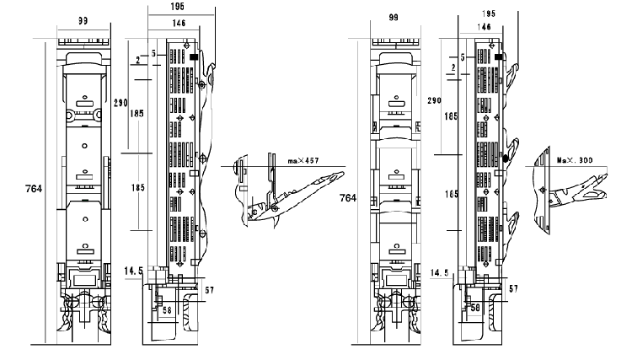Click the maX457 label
click(306, 159)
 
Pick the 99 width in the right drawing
click(394, 17)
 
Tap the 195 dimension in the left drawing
click(179, 7)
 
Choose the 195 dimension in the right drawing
click(490, 14)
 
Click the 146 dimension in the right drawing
click(486, 27)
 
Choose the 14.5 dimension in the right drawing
click(438, 273)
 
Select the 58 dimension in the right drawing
click(476, 308)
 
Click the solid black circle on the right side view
click(506, 158)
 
